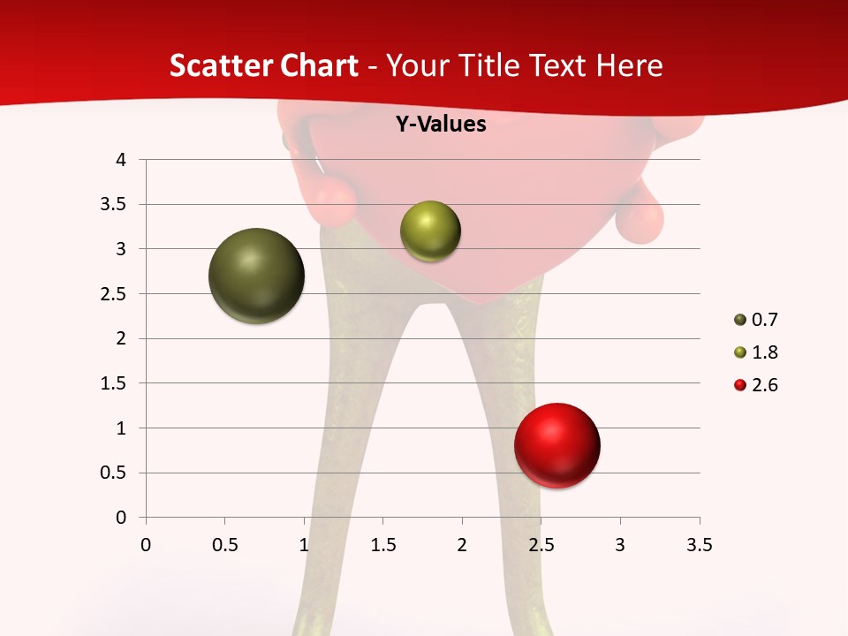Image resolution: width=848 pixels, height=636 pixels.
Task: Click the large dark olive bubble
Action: coord(256,276)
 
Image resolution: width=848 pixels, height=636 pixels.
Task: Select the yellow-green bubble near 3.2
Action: coord(430,231)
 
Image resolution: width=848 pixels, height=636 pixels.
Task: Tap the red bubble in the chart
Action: coord(556,445)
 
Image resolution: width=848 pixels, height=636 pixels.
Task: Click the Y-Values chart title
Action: coord(440,125)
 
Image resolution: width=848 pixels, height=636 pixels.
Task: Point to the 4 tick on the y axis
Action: coord(120,160)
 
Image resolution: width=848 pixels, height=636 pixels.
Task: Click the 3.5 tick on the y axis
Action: coord(114,205)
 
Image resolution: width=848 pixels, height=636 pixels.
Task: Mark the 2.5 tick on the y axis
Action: coord(114,294)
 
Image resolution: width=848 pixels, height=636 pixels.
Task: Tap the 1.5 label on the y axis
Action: coord(114,383)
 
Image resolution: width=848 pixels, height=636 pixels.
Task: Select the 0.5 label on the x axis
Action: coord(224,545)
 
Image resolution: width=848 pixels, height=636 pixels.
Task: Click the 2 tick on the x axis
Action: coord(462,545)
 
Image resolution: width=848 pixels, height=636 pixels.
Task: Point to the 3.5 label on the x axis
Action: coord(699,545)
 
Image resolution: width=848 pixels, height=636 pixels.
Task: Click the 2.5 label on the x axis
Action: coord(541,545)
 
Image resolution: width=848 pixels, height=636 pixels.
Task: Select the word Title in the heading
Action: coord(485,65)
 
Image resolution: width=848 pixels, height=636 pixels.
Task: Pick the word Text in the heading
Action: coord(559,65)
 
